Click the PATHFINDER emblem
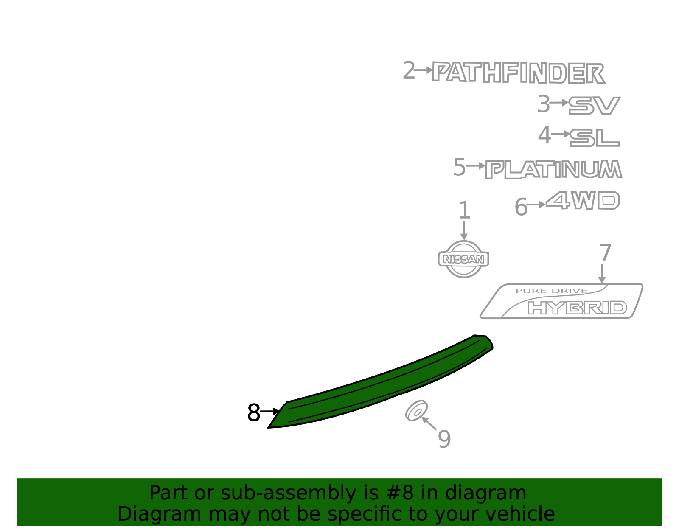click(x=519, y=73)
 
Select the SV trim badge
click(x=594, y=105)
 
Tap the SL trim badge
click(x=594, y=138)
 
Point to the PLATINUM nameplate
click(x=553, y=170)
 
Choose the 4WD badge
click(x=583, y=200)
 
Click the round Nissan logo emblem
click(x=463, y=259)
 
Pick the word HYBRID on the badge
click(x=578, y=308)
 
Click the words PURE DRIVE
click(x=552, y=291)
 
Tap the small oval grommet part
click(x=417, y=411)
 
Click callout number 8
click(x=253, y=412)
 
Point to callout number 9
click(x=444, y=439)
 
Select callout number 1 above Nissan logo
click(x=464, y=210)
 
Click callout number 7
click(x=605, y=253)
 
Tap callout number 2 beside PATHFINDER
click(x=409, y=70)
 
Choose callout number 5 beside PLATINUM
click(x=459, y=167)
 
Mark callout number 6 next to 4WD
click(x=521, y=207)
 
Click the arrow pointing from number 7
click(x=602, y=274)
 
